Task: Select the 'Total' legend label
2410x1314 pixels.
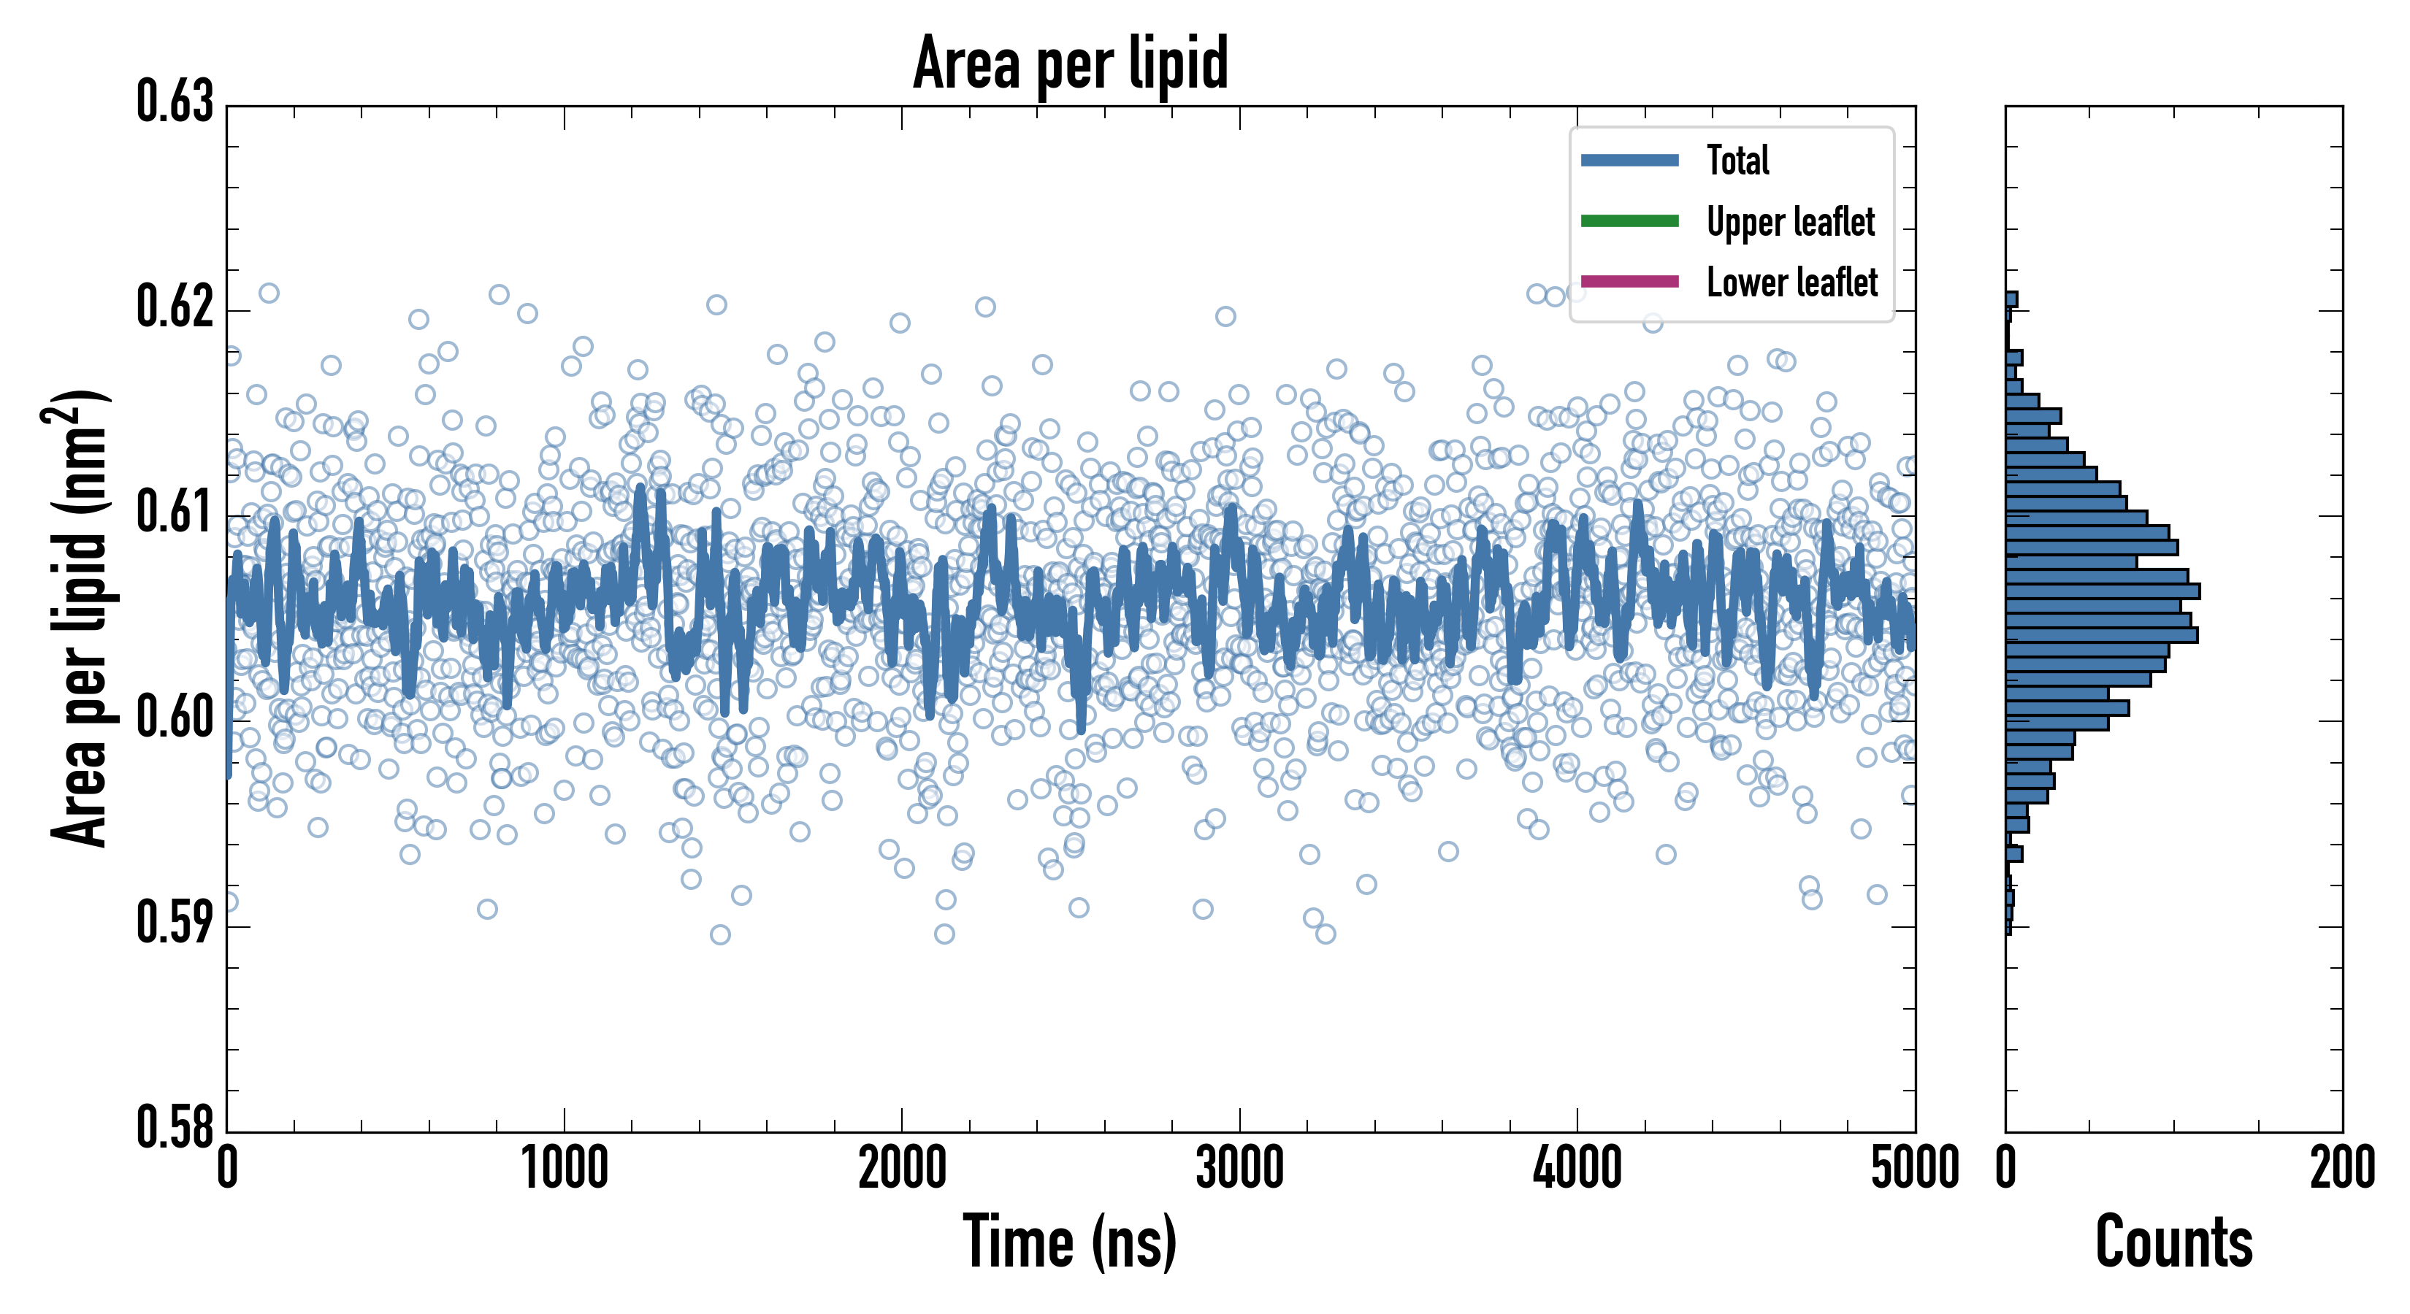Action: pos(1737,160)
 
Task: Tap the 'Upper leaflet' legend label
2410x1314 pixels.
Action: pos(1791,222)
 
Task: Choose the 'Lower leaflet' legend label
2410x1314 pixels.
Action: pos(1791,283)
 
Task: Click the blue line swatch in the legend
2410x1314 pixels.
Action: pos(1630,160)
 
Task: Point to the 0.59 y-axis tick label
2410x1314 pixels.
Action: pos(175,922)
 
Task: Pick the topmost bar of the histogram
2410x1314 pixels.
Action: pos(2011,299)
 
